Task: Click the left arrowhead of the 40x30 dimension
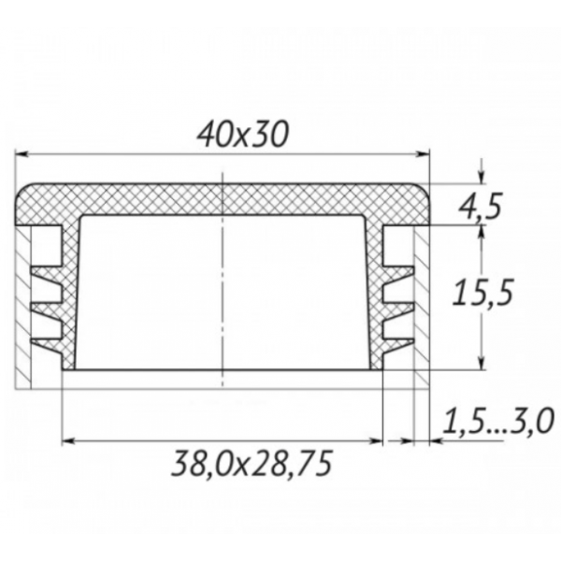point(22,152)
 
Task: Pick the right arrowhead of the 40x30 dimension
point(423,152)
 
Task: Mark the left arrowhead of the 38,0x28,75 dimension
point(67,440)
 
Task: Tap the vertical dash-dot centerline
point(223,280)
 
